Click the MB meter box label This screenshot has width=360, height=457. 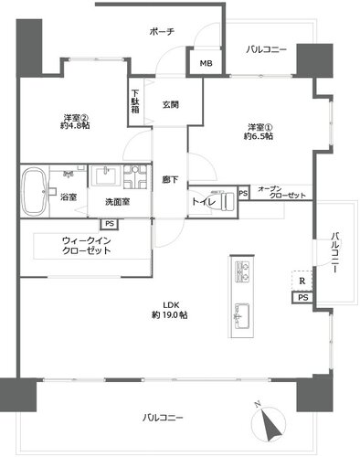pyautogui.click(x=206, y=63)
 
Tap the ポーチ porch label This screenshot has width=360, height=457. pyautogui.click(x=162, y=31)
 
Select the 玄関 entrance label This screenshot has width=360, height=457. pyautogui.click(x=170, y=105)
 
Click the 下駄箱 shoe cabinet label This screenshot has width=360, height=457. pyautogui.click(x=135, y=101)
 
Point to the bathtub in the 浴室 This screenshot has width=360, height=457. pyautogui.click(x=35, y=191)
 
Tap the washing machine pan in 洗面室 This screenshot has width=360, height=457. pyautogui.click(x=135, y=176)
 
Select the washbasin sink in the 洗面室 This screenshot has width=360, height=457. pyautogui.click(x=106, y=175)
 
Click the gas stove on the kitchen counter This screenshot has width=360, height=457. pyautogui.click(x=242, y=271)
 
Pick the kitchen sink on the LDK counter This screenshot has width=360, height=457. pyautogui.click(x=241, y=316)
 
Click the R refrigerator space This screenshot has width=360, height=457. pyautogui.click(x=302, y=281)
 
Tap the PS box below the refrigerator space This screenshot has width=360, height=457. pyautogui.click(x=302, y=297)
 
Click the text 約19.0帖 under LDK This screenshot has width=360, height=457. pyautogui.click(x=170, y=315)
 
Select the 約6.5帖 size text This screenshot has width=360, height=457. pyautogui.click(x=259, y=136)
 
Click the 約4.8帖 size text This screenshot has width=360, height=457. pyautogui.click(x=75, y=125)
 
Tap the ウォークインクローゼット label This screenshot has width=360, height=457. pyautogui.click(x=87, y=246)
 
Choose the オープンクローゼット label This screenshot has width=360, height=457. pyautogui.click(x=281, y=192)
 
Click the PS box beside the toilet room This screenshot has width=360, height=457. pyautogui.click(x=243, y=193)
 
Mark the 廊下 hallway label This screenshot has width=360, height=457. pyautogui.click(x=170, y=180)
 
